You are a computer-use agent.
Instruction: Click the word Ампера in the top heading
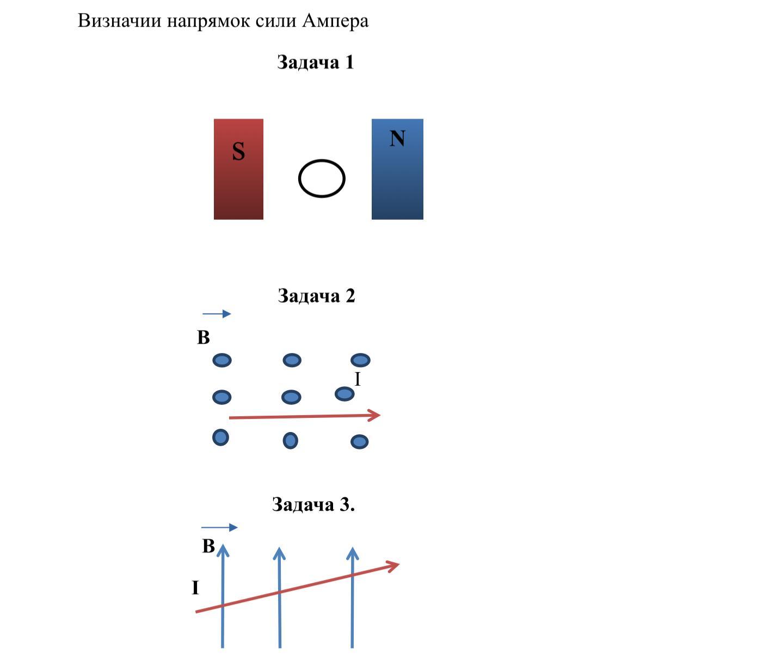point(335,21)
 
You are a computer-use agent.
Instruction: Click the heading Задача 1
point(315,62)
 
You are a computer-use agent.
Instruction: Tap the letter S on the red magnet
point(238,151)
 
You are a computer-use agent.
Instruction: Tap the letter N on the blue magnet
point(397,138)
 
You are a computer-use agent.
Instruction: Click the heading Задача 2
point(316,296)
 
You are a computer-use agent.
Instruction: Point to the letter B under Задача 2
point(204,338)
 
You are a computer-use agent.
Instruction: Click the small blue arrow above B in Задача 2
point(217,313)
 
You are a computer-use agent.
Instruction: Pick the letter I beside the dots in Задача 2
point(358,379)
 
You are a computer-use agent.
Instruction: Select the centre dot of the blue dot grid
point(291,397)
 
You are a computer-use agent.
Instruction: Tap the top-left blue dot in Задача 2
point(222,360)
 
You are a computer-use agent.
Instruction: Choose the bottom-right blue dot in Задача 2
point(359,441)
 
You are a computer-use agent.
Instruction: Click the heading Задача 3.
point(313,505)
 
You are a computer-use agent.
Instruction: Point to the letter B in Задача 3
point(208,546)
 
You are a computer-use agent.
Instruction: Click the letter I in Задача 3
point(195,588)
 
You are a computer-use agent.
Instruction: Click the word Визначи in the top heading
point(120,21)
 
